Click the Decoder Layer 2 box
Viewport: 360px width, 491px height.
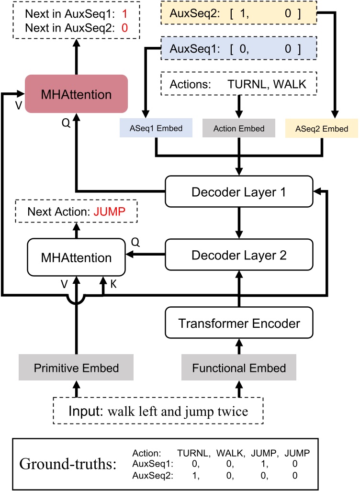pyautogui.click(x=239, y=255)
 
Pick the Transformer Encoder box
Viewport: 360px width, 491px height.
pyautogui.click(x=239, y=323)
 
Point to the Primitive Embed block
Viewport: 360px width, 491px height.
pyautogui.click(x=76, y=368)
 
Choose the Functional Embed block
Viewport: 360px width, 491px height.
pyautogui.click(x=239, y=368)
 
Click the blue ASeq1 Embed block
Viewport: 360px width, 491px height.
pyautogui.click(x=155, y=129)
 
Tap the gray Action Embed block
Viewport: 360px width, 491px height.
pyautogui.click(x=239, y=129)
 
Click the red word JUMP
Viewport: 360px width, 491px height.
pyautogui.click(x=122, y=211)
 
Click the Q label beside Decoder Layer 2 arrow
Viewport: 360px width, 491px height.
pyautogui.click(x=135, y=243)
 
